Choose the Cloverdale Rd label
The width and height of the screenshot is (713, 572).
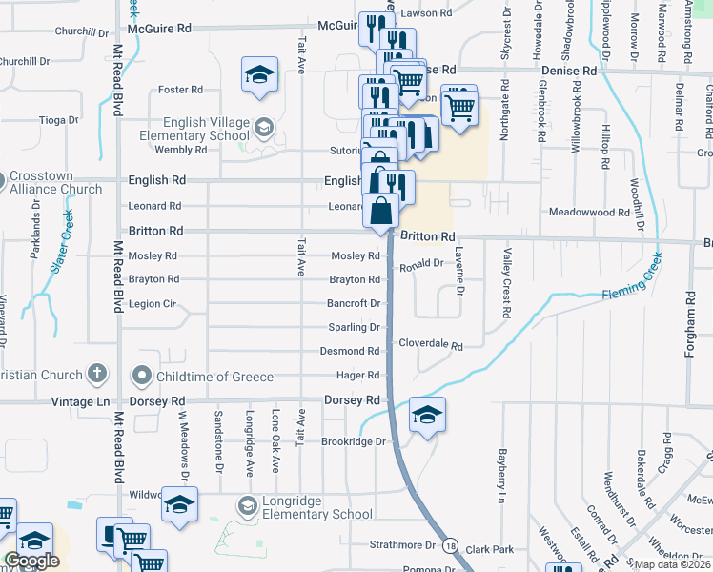click(430, 344)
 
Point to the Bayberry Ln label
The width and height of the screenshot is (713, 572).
click(499, 476)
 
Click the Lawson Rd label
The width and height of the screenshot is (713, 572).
click(425, 13)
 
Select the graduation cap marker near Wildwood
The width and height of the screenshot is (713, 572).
click(178, 505)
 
